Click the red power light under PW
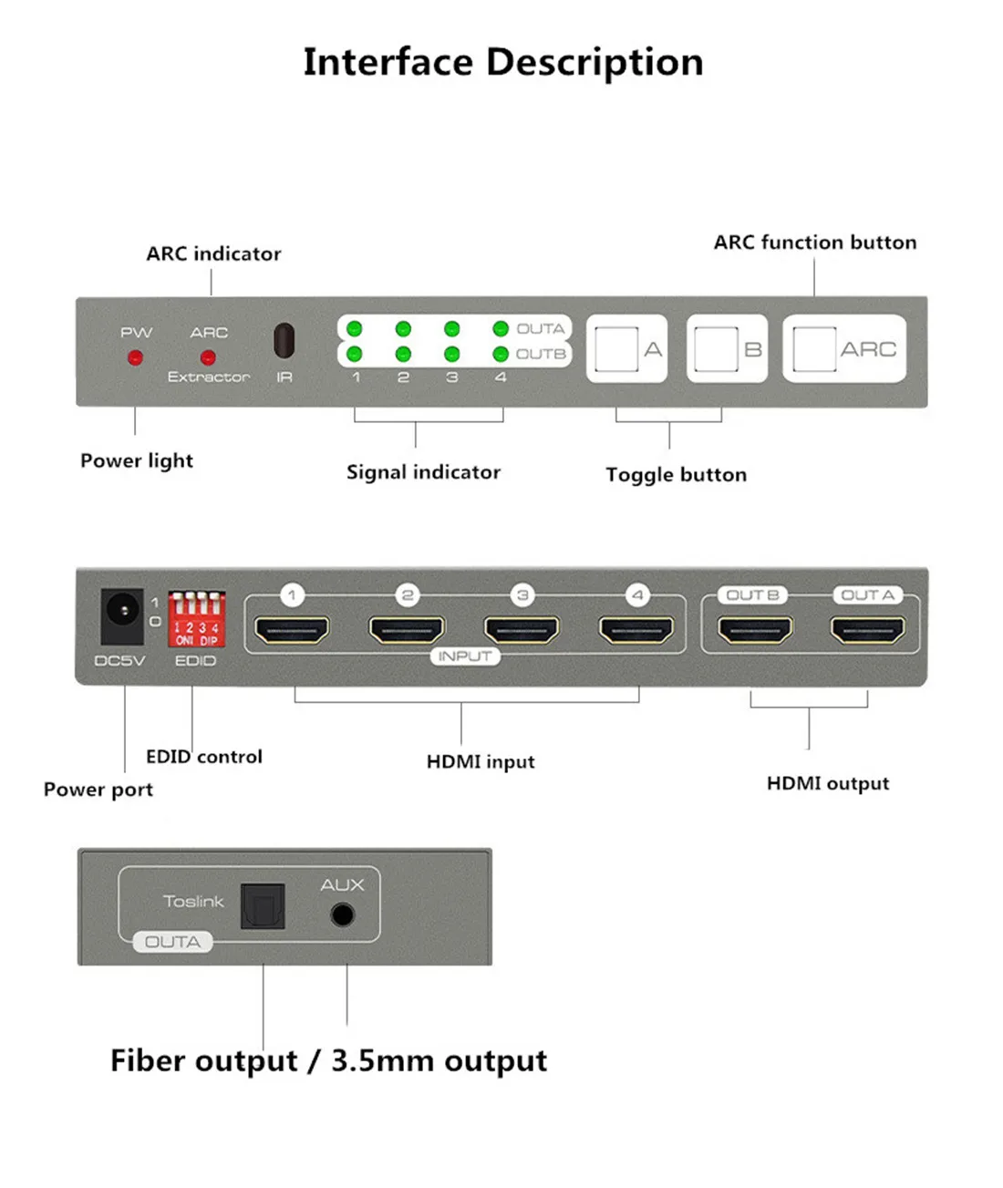pyautogui.click(x=135, y=357)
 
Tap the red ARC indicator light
pyautogui.click(x=208, y=357)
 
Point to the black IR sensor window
pyautogui.click(x=284, y=340)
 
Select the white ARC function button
pyautogui.click(x=844, y=349)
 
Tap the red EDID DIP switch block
pyautogui.click(x=196, y=619)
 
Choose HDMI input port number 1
pyautogui.click(x=292, y=629)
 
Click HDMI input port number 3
pyautogui.click(x=522, y=629)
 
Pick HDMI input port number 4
pyautogui.click(x=636, y=629)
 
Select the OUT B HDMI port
pyautogui.click(x=755, y=629)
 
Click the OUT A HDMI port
pyautogui.click(x=867, y=629)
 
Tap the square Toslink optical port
pyautogui.click(x=263, y=906)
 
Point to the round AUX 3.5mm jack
pyautogui.click(x=343, y=914)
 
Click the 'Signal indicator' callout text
pyautogui.click(x=423, y=472)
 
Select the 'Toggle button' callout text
pyautogui.click(x=676, y=475)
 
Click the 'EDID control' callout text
pyautogui.click(x=204, y=757)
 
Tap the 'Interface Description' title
pyautogui.click(x=503, y=62)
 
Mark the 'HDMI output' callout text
pyautogui.click(x=827, y=783)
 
